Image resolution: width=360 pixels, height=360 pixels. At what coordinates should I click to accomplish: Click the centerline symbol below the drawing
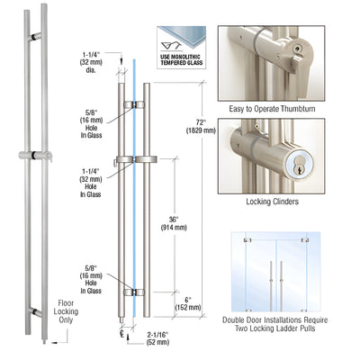point(122,332)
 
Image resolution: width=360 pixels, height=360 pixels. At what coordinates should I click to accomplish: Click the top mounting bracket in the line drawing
point(132,105)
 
